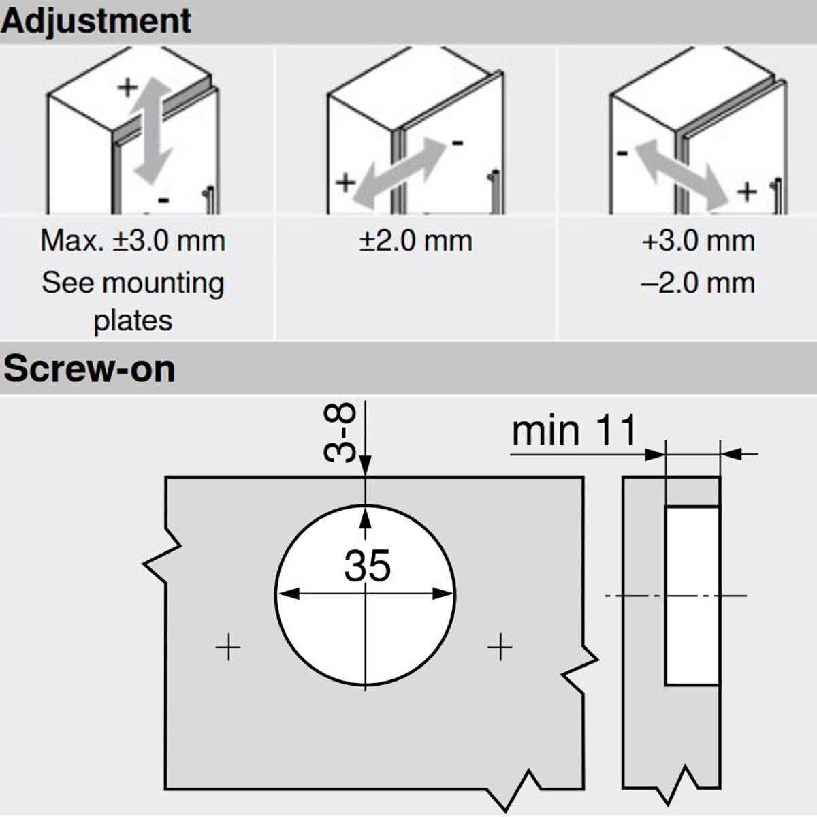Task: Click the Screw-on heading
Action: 89,369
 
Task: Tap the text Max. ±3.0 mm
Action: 133,241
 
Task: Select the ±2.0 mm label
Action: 415,241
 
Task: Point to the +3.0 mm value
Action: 698,241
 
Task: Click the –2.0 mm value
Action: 698,282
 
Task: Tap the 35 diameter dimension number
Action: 367,566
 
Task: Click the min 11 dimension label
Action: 574,431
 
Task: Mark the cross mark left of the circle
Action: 228,647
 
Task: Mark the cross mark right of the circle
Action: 500,647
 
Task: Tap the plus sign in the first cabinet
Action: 127,87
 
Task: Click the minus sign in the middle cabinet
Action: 457,143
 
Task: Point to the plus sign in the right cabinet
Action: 747,192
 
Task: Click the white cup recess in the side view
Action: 692,595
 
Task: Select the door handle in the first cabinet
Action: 210,201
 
